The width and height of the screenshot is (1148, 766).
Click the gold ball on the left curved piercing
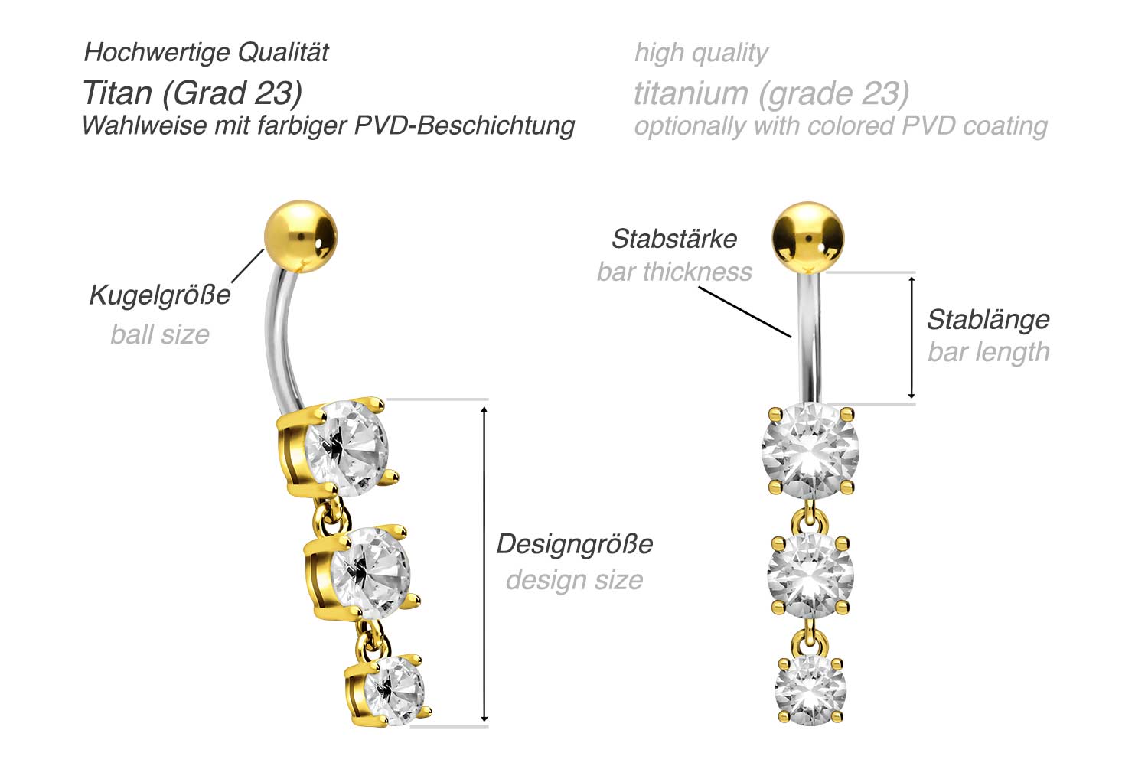301,236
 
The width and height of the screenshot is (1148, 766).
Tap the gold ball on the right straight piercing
808,238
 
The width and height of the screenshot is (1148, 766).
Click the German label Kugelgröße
160,295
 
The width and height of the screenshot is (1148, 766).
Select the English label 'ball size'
160,334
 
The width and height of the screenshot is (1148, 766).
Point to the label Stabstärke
674,239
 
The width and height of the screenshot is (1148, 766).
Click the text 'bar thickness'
674,272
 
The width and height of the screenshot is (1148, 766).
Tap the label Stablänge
989,321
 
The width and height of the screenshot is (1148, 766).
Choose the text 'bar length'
989,353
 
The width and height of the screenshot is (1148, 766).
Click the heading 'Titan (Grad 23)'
192,93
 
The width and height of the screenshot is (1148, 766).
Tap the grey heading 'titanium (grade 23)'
771,93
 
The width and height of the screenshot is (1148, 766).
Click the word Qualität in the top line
283,52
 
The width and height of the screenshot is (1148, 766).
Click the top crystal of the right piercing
810,451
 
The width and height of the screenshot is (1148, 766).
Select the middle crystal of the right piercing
810,575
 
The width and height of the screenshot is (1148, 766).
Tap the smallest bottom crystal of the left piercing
393,691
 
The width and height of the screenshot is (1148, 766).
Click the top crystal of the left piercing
347,449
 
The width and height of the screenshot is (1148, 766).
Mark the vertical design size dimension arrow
484,564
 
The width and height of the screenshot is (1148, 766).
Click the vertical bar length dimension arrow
912,337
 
